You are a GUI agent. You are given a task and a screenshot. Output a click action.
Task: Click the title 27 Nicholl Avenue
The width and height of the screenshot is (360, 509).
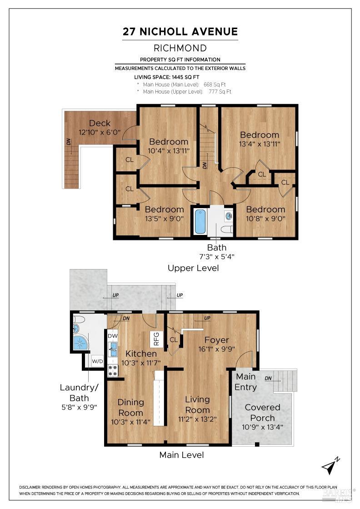[180, 31]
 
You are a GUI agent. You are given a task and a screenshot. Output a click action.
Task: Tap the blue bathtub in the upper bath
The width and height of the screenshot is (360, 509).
[200, 221]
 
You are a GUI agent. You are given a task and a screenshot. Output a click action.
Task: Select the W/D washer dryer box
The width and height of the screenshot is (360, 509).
[97, 361]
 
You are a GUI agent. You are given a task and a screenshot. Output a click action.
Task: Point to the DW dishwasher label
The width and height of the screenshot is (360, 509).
[113, 336]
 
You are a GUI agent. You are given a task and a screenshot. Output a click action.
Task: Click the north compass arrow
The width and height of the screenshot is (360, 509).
[331, 466]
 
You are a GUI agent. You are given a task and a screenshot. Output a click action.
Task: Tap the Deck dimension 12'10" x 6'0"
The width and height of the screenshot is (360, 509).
[100, 132]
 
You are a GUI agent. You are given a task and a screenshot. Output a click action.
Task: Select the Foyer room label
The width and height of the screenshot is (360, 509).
[216, 340]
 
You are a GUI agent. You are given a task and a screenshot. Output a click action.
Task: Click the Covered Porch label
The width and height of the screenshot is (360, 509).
[262, 412]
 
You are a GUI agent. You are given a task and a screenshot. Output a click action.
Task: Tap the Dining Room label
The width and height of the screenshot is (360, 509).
[130, 407]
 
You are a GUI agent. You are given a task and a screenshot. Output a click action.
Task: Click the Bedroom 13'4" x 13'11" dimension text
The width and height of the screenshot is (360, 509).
[260, 144]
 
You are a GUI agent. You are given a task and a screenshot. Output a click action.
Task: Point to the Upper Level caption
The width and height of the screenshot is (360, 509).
[193, 268]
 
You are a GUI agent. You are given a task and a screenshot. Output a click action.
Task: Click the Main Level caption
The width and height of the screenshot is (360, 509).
[181, 454]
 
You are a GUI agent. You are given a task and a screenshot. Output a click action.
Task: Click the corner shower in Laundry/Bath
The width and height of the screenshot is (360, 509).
[81, 342]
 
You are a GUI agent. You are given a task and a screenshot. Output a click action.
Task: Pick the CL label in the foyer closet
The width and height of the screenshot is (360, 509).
[173, 339]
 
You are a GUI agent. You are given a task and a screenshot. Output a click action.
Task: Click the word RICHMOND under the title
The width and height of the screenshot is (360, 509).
[180, 48]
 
